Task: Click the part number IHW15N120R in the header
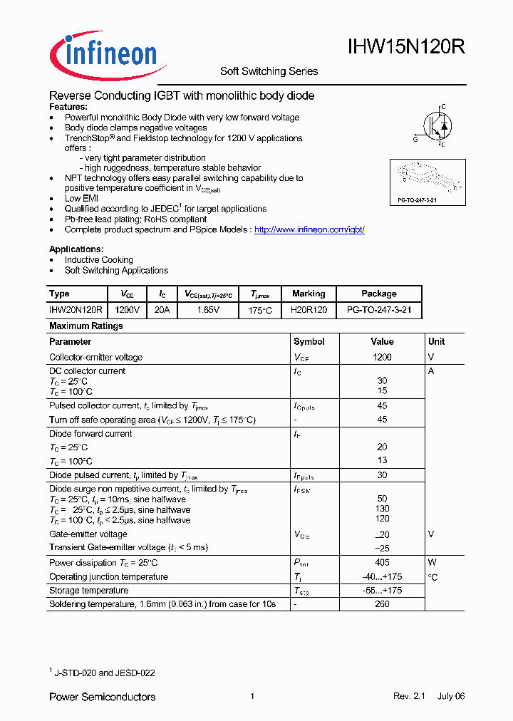pyautogui.click(x=406, y=47)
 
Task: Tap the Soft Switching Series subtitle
pyautogui.click(x=269, y=71)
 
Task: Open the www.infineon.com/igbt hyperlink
pyautogui.click(x=309, y=230)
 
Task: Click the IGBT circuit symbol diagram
pyautogui.click(x=434, y=126)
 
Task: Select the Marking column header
pyautogui.click(x=309, y=294)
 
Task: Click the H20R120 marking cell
pyautogui.click(x=309, y=311)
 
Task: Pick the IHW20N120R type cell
pyautogui.click(x=76, y=311)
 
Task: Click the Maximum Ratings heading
pyautogui.click(x=85, y=326)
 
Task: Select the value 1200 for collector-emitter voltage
pyautogui.click(x=382, y=357)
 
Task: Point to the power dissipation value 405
pyautogui.click(x=382, y=563)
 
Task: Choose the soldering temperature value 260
pyautogui.click(x=382, y=604)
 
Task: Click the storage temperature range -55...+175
pyautogui.click(x=382, y=591)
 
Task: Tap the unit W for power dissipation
pyautogui.click(x=432, y=563)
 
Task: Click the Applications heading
pyautogui.click(x=76, y=249)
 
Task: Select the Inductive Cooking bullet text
pyautogui.click(x=98, y=260)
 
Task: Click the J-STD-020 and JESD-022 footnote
pyautogui.click(x=104, y=673)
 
